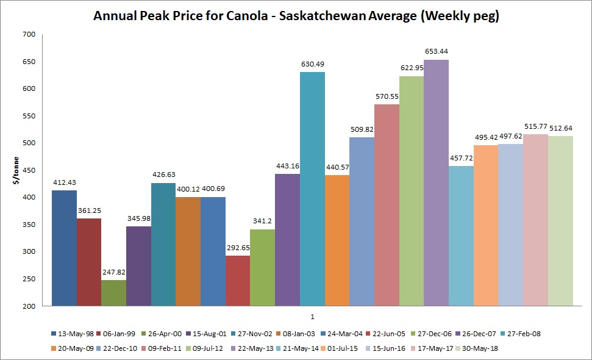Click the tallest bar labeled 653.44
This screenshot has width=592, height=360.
[436, 183]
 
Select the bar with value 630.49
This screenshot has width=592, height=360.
[312, 189]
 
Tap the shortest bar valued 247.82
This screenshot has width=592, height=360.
[114, 292]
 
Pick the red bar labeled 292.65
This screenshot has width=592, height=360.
[238, 280]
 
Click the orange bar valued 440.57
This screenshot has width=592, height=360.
[337, 240]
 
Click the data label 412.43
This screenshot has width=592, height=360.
[64, 182]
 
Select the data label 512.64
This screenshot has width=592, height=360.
[560, 128]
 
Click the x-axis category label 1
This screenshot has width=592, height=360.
[312, 317]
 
